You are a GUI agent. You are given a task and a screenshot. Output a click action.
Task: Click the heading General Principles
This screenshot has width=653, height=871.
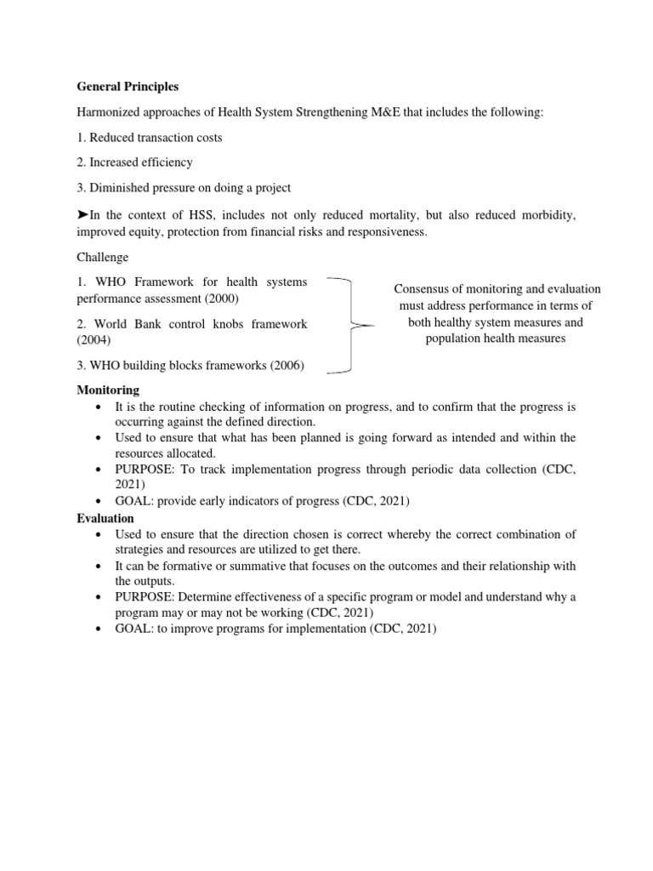click(x=128, y=87)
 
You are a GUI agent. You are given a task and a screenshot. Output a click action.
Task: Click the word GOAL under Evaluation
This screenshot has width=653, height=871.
click(x=134, y=629)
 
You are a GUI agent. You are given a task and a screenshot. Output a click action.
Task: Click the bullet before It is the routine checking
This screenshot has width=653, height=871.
click(x=101, y=407)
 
